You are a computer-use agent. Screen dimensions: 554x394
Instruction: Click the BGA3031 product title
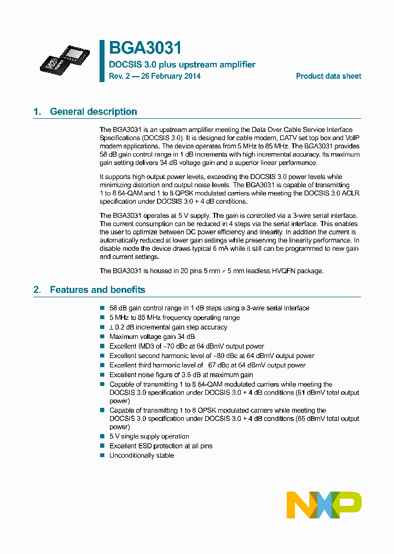coord(145,49)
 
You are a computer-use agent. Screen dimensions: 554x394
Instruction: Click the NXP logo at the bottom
coord(324,505)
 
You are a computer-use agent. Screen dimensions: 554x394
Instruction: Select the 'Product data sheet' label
coord(328,76)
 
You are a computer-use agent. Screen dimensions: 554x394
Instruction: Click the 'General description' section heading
coord(93,112)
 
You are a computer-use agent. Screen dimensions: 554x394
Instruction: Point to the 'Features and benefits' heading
coord(97,290)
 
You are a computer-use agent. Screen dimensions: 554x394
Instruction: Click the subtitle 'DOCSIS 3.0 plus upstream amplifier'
coord(182,65)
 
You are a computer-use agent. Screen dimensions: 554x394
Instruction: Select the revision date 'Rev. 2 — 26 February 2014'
coord(155,76)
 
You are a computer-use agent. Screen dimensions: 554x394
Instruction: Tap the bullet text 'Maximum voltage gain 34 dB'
coord(152,337)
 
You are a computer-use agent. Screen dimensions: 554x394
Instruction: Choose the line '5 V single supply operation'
coord(149,436)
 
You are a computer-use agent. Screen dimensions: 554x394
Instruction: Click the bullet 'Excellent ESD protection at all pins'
coord(161,446)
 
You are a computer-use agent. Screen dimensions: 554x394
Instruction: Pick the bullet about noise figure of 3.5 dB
coord(181,375)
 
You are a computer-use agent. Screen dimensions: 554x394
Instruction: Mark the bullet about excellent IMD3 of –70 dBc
coord(187,346)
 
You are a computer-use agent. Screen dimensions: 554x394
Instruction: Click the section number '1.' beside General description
coord(37,112)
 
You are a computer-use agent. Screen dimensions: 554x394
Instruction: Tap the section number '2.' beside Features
coord(37,290)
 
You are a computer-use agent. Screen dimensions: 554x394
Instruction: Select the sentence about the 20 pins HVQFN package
coord(211,270)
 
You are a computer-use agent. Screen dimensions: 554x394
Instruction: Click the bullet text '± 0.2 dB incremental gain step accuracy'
coord(168,327)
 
